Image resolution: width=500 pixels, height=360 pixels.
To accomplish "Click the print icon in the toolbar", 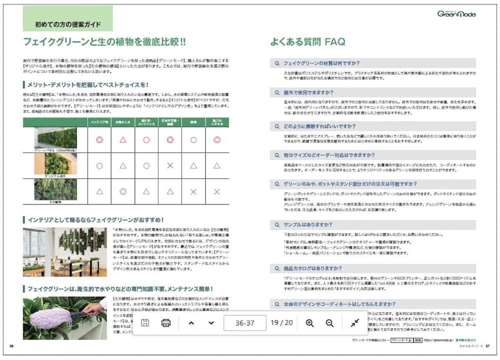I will point(166,323).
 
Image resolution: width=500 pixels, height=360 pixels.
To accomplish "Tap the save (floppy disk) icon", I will point(145,323).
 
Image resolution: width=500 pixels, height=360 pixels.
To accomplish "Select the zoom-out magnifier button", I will point(330,323).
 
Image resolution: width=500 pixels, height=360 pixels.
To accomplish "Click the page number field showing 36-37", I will point(245,323).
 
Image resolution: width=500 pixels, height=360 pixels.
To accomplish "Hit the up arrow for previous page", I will point(191,323).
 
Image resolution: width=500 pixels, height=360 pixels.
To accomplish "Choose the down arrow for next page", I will point(211,323).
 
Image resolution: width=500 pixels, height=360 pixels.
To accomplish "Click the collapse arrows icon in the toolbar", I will point(355,323).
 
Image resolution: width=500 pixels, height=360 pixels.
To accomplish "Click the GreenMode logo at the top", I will point(456,14).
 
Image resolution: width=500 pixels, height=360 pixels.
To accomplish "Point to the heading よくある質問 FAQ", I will point(307,42).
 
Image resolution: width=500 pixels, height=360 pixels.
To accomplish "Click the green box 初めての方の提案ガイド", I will point(68,24).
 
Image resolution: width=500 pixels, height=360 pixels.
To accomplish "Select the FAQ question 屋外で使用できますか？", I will point(308,92).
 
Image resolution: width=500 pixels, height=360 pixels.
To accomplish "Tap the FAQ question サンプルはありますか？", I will point(307,225).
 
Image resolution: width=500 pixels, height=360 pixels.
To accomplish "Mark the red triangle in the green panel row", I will point(123,140).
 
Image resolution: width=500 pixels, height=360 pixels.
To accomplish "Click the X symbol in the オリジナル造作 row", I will point(170,166).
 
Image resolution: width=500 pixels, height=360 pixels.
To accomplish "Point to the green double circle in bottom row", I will point(123,192).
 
